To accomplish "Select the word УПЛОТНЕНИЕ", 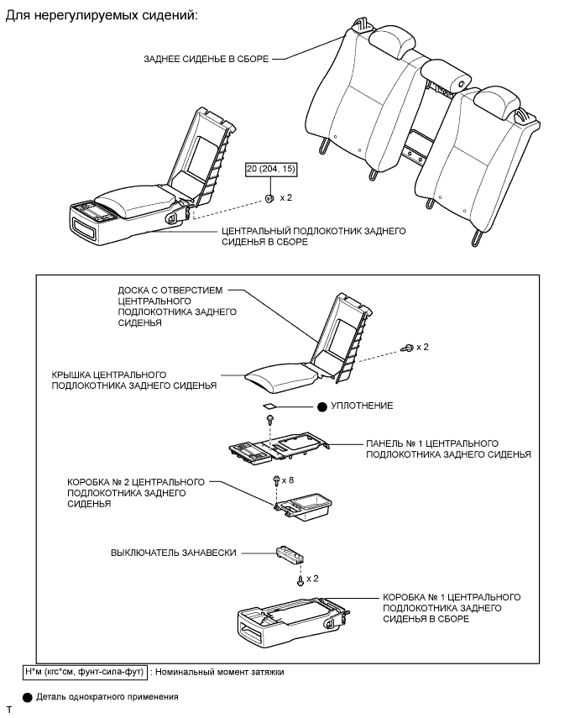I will coord(362,406).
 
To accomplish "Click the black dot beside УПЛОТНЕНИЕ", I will coord(321,406).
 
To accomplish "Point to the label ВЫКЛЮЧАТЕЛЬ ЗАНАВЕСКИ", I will coord(173,553).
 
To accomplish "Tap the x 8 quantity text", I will coord(288,480).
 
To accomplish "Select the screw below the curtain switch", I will coord(300,580).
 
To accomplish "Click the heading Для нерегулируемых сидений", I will coord(102,17).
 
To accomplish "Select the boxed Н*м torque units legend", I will coord(85,672).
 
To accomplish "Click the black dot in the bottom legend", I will coord(28,697).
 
